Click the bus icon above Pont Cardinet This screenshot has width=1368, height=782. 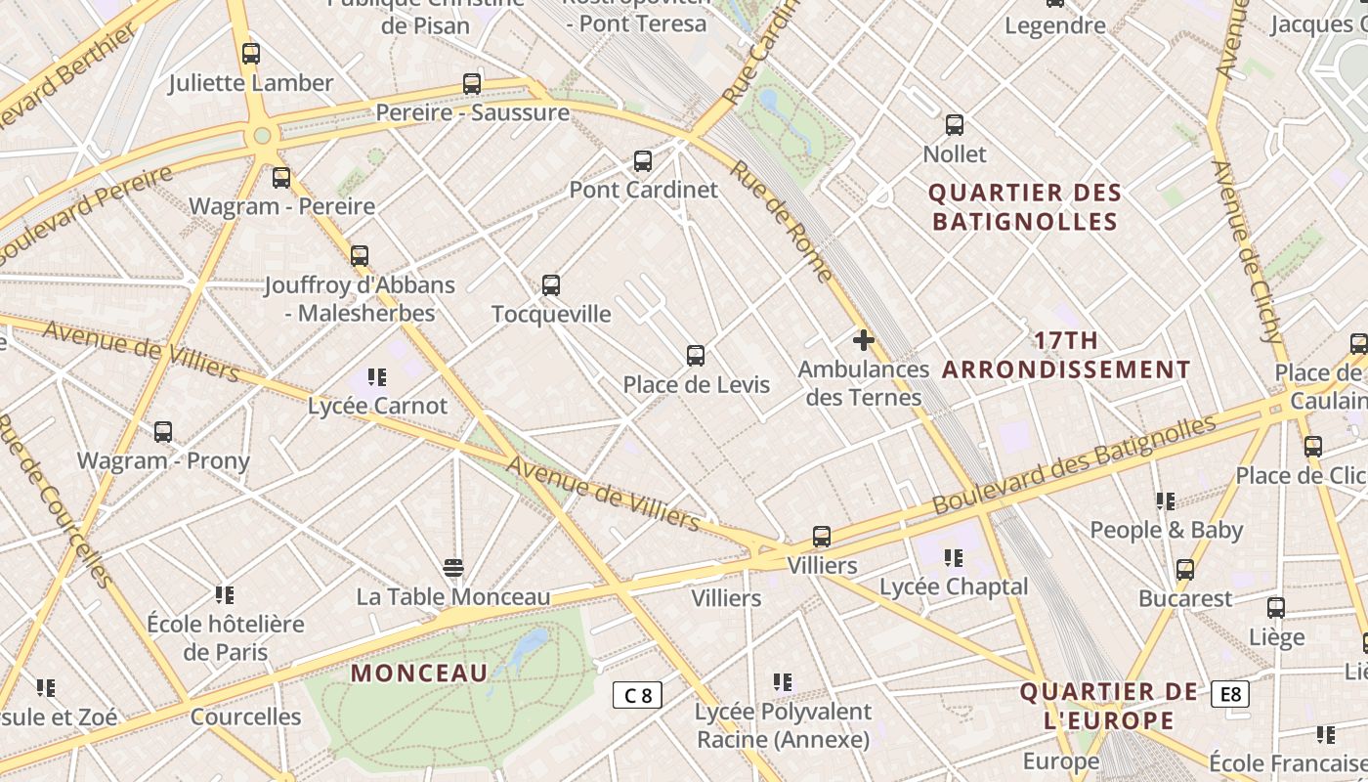[x=643, y=161]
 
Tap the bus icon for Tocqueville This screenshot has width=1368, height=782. [x=551, y=285]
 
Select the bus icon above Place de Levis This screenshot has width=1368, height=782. [x=696, y=356]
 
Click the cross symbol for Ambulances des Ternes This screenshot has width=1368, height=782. [x=864, y=340]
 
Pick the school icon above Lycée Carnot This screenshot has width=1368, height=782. [x=377, y=377]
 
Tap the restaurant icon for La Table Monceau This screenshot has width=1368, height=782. [x=453, y=568]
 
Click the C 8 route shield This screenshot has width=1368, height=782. [x=637, y=695]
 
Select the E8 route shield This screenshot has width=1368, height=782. [x=1230, y=694]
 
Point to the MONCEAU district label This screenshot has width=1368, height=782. [x=419, y=673]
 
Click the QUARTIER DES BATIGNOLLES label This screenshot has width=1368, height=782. [x=1025, y=206]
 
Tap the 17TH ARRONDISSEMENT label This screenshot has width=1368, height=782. [x=1066, y=355]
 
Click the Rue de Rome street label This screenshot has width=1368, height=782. [x=782, y=221]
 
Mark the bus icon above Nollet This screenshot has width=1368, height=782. [x=955, y=125]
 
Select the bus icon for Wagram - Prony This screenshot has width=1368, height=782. [x=163, y=431]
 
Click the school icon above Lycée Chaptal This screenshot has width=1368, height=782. [x=954, y=558]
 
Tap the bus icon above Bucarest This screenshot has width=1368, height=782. [x=1185, y=569]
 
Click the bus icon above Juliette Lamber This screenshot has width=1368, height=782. [x=251, y=54]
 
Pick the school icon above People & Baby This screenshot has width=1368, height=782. [x=1166, y=501]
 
